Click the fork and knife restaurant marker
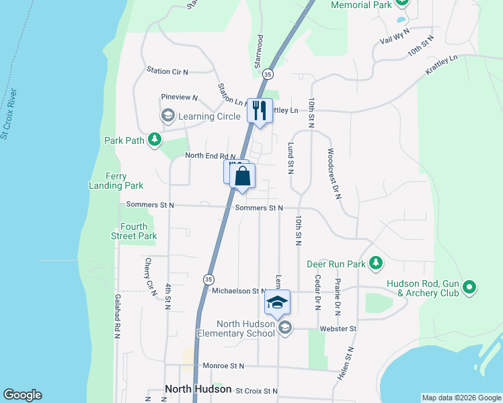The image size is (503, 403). [x=260, y=110]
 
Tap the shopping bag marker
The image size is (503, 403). [x=243, y=177]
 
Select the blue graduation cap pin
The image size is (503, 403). [x=276, y=304]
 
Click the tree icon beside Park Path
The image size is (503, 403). [x=155, y=140]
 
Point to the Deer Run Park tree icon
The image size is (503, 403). [x=377, y=263]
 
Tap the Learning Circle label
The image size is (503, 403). [x=209, y=117]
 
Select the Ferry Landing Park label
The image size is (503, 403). [x=116, y=181]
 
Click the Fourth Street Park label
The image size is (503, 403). [x=134, y=231]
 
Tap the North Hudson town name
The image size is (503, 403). [x=198, y=389]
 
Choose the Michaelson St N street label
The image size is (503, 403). [x=239, y=291]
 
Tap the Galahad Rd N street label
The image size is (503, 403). [x=117, y=316]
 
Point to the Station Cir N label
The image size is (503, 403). [x=167, y=71]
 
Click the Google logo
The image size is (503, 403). [x=23, y=395]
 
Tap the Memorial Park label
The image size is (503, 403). [x=361, y=5]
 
